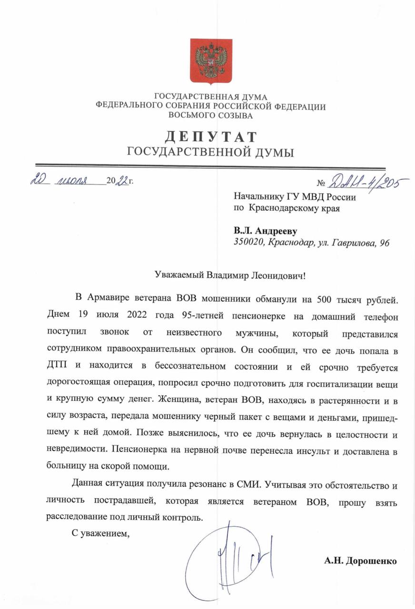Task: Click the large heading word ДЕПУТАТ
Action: pos(211,137)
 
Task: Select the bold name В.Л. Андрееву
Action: pos(265,231)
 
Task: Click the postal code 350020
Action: pos(248,243)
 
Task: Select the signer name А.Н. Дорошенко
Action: pos(360,560)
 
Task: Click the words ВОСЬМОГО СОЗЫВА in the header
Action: pos(211,115)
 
